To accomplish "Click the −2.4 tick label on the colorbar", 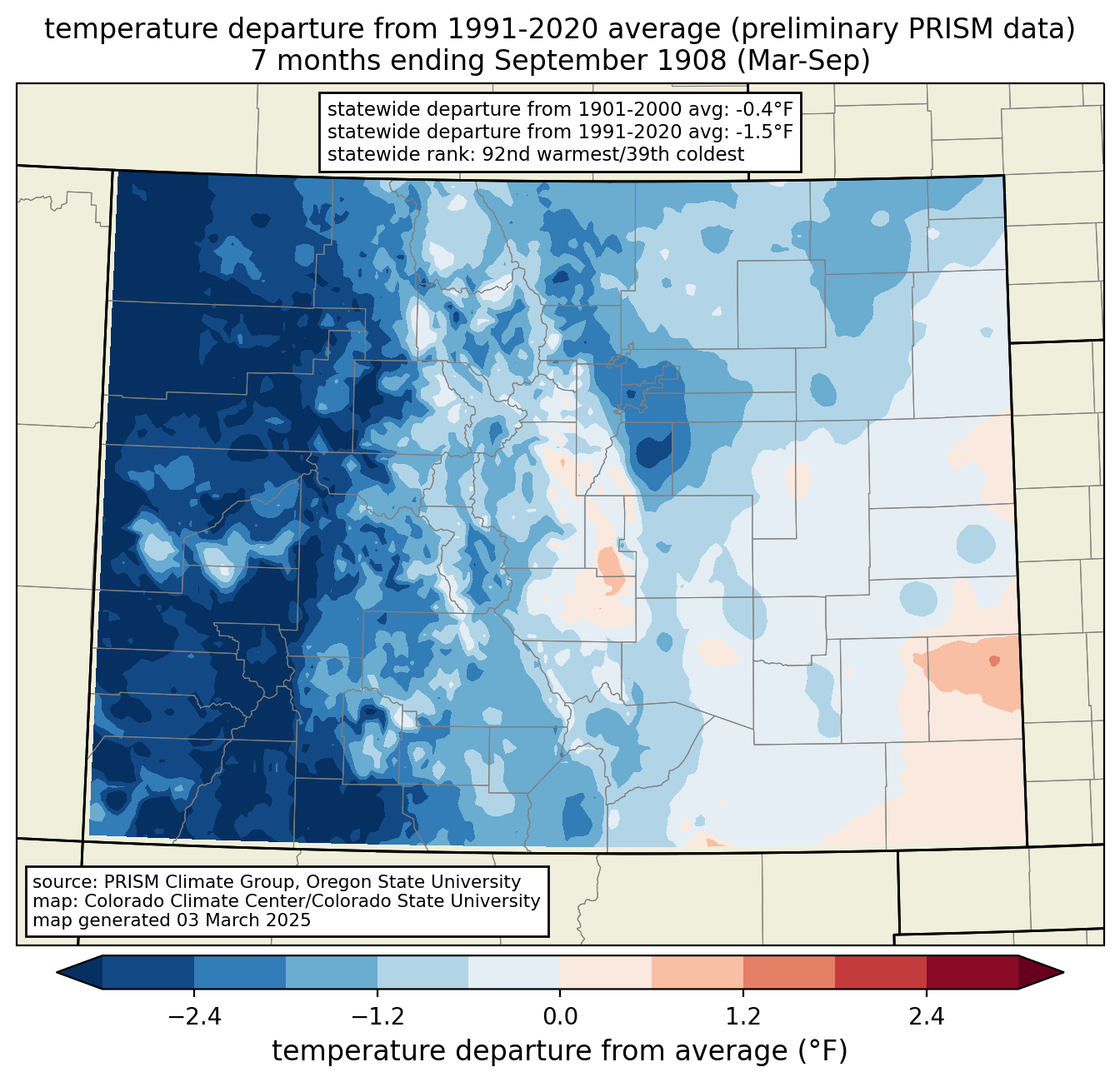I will click(x=194, y=1016).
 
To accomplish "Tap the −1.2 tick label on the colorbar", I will click(x=377, y=1016).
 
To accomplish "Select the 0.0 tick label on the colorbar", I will click(x=560, y=1016).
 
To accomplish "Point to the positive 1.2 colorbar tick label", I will click(x=743, y=1016).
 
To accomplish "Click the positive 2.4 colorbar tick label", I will click(x=926, y=1016).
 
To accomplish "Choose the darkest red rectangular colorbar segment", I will click(x=972, y=972).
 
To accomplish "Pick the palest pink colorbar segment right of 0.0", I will click(x=606, y=972).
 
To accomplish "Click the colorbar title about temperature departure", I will click(x=559, y=1051).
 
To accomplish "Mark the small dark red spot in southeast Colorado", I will click(x=993, y=661).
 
